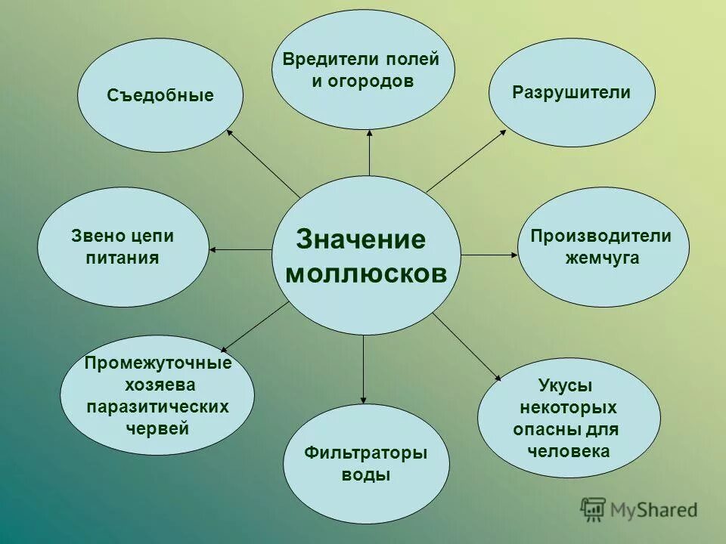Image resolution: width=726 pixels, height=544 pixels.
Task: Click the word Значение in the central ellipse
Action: tap(361, 240)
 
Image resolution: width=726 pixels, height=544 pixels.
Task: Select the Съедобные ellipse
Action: tap(160, 95)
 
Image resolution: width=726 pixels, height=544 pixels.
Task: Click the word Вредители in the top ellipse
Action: tap(326, 60)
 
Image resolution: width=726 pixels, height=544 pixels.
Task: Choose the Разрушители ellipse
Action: tap(572, 92)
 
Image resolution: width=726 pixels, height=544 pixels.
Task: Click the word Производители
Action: tap(600, 236)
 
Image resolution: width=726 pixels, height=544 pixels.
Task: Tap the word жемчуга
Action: tap(602, 258)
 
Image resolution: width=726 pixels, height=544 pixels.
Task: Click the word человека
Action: tap(569, 451)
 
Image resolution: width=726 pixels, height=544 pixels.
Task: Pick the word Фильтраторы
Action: tap(366, 453)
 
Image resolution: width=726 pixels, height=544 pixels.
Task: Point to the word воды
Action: tap(366, 475)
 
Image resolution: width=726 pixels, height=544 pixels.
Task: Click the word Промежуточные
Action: tap(157, 363)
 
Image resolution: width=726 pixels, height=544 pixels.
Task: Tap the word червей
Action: tap(157, 428)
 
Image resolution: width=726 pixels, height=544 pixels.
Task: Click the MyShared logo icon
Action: tap(594, 510)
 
